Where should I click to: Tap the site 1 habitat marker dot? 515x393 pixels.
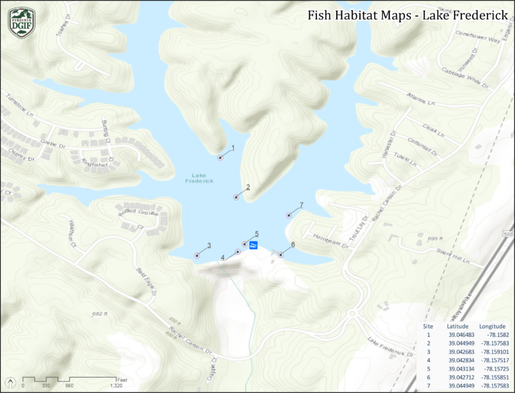tap(220, 157)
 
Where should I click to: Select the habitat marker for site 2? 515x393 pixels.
tap(236, 197)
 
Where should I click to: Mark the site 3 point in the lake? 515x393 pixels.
tap(197, 256)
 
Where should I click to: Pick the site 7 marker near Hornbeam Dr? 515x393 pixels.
tap(289, 215)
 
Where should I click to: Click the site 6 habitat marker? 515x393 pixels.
tap(280, 255)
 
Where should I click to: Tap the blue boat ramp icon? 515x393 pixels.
tap(253, 246)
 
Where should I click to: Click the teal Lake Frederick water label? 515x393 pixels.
tap(199, 178)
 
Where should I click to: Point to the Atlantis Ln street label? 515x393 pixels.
tap(421, 99)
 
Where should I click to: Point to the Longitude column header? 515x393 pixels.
tap(494, 325)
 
